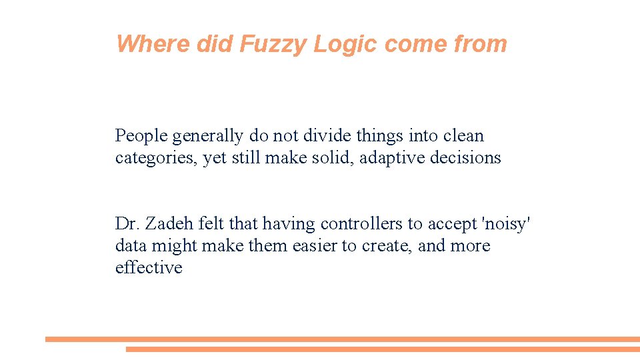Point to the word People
pyautogui.click(x=141, y=136)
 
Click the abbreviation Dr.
pyautogui.click(x=125, y=223)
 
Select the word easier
pyautogui.click(x=314, y=246)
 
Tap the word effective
pyautogui.click(x=149, y=267)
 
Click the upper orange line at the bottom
pyautogui.click(x=343, y=339)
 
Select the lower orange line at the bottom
pyautogui.click(x=383, y=349)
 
